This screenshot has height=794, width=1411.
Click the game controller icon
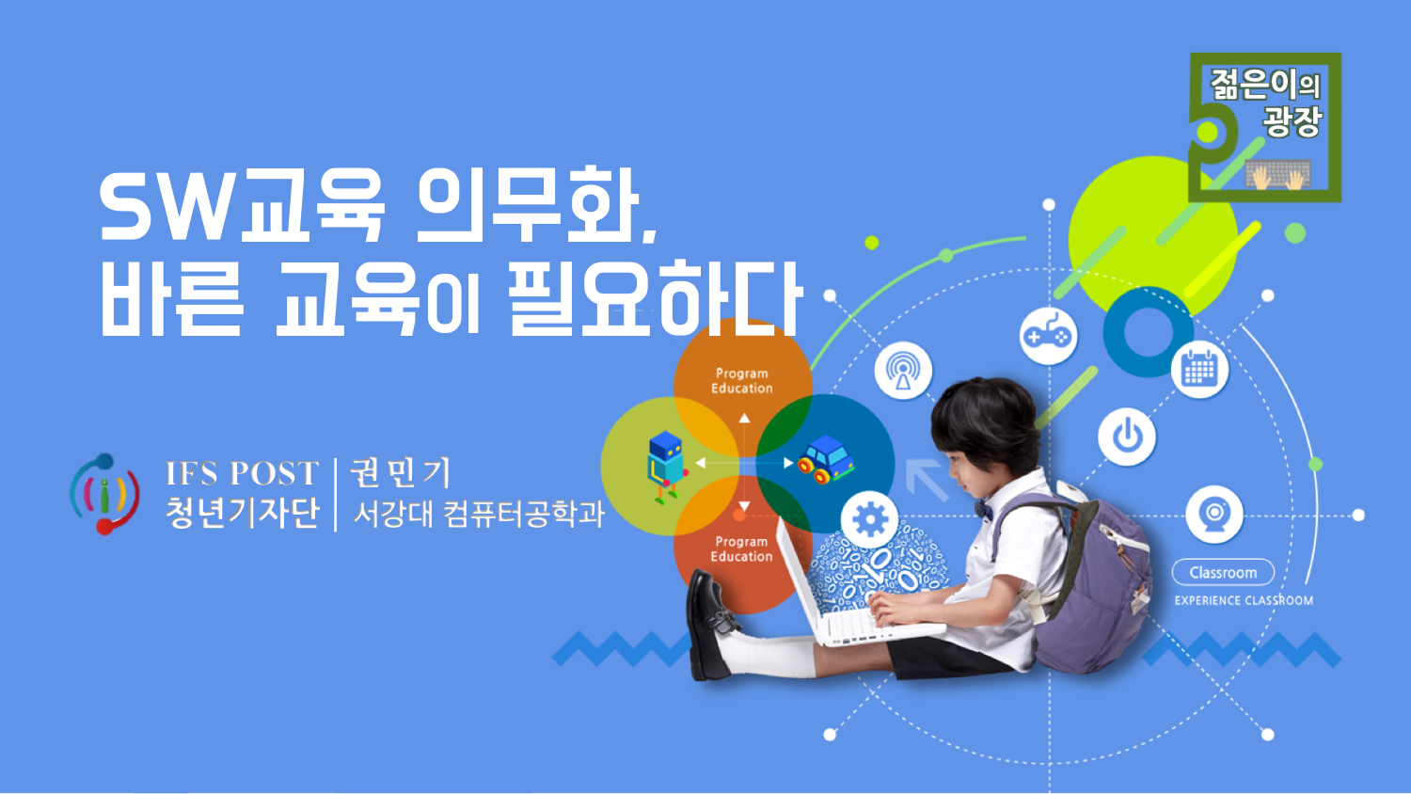pyautogui.click(x=1048, y=336)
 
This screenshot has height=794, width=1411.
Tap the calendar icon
pyautogui.click(x=1199, y=370)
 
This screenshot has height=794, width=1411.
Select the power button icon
pyautogui.click(x=1127, y=437)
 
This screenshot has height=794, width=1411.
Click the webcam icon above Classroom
pyautogui.click(x=1214, y=515)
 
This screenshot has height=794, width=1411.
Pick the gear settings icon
pyautogui.click(x=870, y=520)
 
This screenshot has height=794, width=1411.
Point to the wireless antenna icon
pyautogui.click(x=903, y=371)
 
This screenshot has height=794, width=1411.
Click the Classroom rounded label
pyautogui.click(x=1223, y=573)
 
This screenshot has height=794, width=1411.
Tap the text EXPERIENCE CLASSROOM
pyautogui.click(x=1245, y=600)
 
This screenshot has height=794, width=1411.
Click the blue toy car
pyautogui.click(x=826, y=460)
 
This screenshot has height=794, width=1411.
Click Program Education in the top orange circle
pyautogui.click(x=742, y=381)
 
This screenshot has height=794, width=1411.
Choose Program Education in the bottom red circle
pyautogui.click(x=741, y=548)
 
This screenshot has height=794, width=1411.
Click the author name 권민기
pyautogui.click(x=401, y=472)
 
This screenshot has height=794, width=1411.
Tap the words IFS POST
pyautogui.click(x=242, y=473)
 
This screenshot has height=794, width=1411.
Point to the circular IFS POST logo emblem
pyautogui.click(x=104, y=494)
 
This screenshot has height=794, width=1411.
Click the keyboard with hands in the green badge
pyautogui.click(x=1278, y=174)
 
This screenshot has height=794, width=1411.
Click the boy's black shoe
pyautogui.click(x=710, y=624)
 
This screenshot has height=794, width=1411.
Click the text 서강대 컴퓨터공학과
pyautogui.click(x=479, y=514)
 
